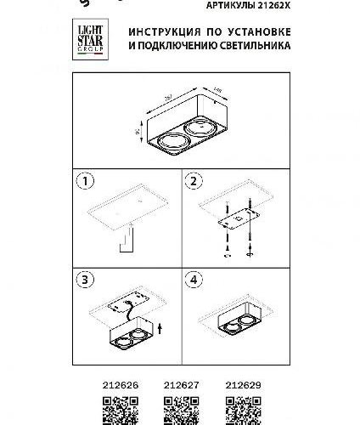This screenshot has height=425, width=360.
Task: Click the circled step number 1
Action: tap(84, 181)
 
